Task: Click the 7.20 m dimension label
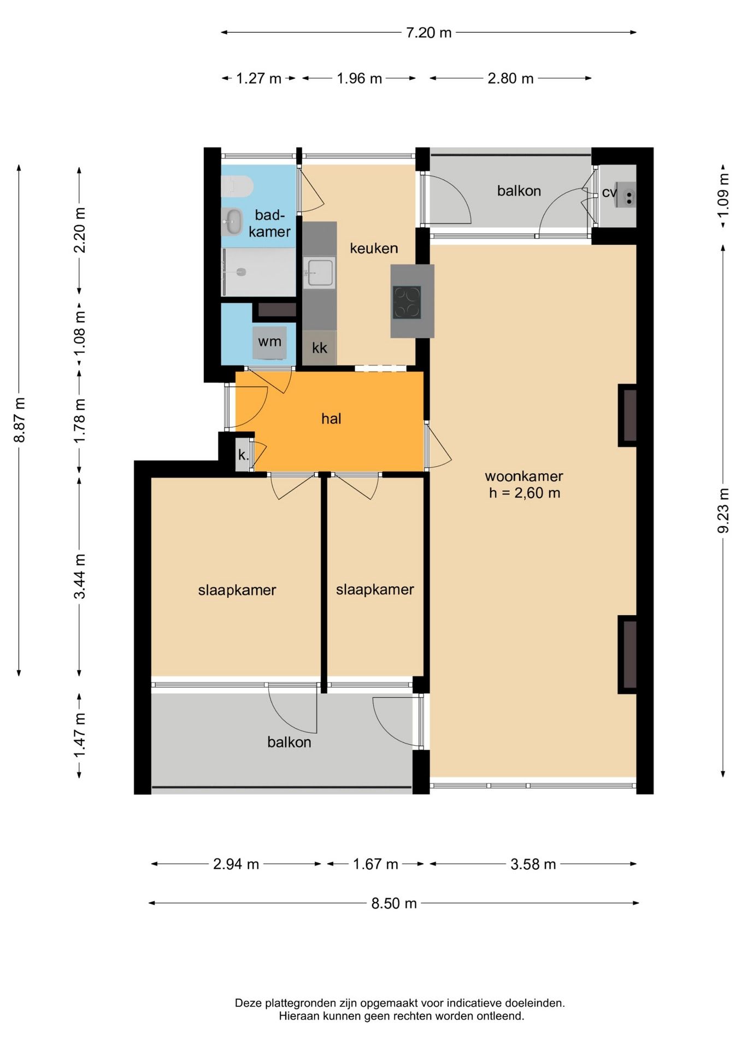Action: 428,33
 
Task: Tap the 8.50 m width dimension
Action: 394,903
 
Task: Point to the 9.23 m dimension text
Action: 723,510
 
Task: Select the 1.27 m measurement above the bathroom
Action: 258,79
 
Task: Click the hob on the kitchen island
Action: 407,302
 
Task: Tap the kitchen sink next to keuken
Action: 320,272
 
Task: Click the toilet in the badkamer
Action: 237,186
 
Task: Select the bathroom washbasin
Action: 233,221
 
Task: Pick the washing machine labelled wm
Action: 269,343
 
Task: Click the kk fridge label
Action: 320,348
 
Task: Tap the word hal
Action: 331,419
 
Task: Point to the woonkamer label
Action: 524,476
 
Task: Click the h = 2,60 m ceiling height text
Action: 525,493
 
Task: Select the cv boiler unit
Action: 626,195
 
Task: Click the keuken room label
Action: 374,249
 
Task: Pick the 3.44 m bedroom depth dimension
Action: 80,576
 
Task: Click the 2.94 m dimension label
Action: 236,864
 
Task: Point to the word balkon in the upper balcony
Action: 519,191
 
